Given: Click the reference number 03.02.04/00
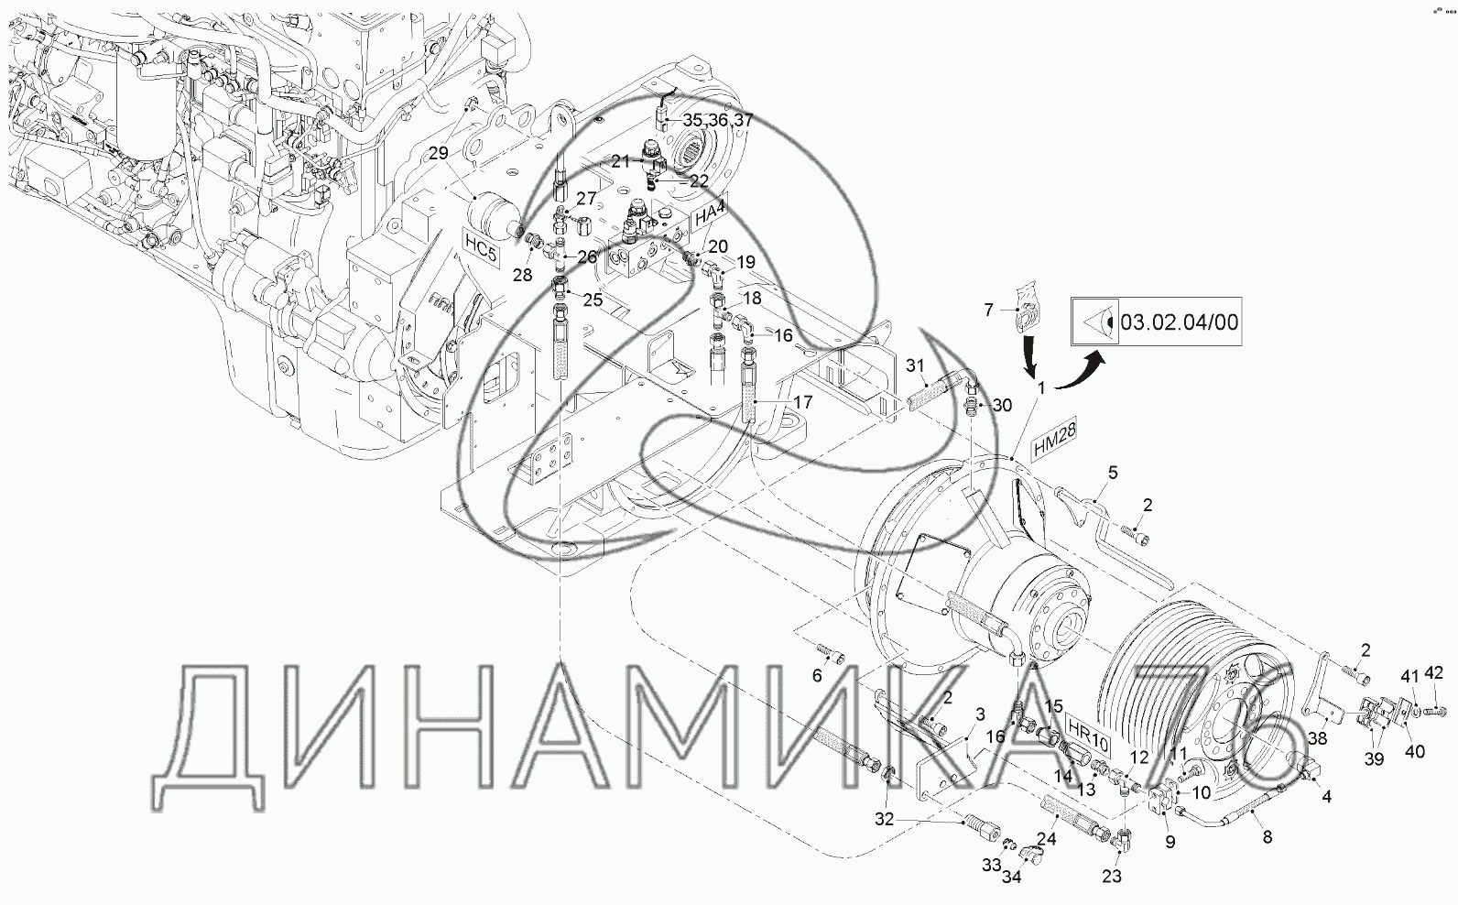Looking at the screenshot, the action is click(x=1180, y=322).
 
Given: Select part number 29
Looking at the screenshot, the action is click(x=439, y=153).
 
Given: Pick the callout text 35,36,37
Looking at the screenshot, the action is click(x=718, y=120).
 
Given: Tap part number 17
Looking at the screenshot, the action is click(x=804, y=402).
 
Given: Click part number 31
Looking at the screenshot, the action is click(x=915, y=365).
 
